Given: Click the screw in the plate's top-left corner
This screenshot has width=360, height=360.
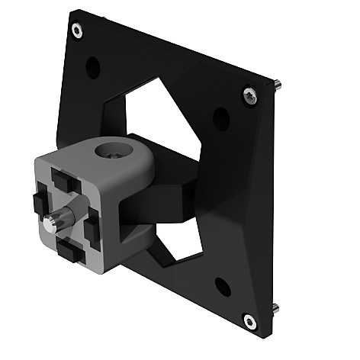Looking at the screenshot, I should [x=77, y=31].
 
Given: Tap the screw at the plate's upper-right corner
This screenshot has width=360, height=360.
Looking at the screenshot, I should [x=249, y=94].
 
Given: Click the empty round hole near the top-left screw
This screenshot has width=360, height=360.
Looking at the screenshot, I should [x=93, y=67].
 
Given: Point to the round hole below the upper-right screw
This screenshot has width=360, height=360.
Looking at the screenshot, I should [x=221, y=118].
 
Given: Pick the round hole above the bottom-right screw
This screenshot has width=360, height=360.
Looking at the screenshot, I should [x=223, y=287].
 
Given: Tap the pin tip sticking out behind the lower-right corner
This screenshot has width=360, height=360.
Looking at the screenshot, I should [x=276, y=309].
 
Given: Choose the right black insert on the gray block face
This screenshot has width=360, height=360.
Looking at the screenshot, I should [x=91, y=225].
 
